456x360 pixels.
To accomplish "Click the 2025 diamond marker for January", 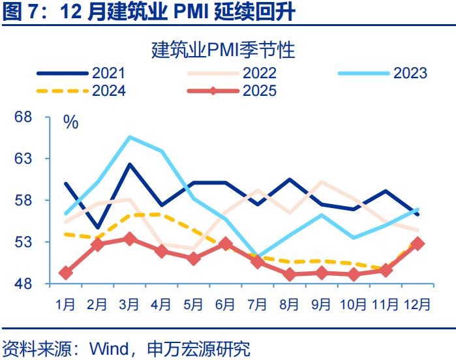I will click(x=65, y=273).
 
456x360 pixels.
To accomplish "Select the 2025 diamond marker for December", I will click(x=417, y=243).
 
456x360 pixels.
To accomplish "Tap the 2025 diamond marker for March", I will click(x=129, y=239).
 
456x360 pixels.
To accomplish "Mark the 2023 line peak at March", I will click(x=129, y=137).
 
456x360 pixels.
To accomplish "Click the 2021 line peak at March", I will click(x=129, y=164).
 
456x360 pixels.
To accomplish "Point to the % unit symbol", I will click(x=70, y=121).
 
